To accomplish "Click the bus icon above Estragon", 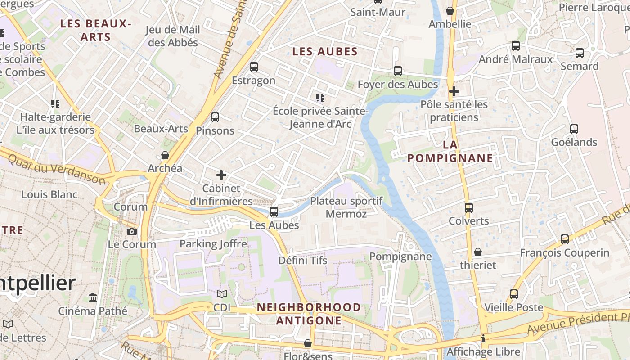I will coord(254,67).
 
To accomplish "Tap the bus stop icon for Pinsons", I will coord(215,117).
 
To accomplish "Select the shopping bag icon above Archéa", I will coord(165,155).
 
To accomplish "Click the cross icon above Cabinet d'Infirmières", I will coord(221,175).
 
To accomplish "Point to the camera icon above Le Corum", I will coord(131,231).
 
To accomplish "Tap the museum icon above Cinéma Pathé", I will coord(93,297).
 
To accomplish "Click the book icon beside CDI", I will coord(221,294).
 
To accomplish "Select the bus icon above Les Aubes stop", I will coord(274,211).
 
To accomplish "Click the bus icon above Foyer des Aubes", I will coord(397,71).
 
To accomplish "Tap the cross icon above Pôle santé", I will coord(454,91).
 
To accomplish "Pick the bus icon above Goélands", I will coord(574,129).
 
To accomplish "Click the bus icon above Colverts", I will coord(468,207).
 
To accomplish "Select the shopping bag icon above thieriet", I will coord(478,252).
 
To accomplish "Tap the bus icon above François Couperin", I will coord(564,239).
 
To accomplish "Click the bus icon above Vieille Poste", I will coord(513,294).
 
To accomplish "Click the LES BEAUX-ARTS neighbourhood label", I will coord(95,30).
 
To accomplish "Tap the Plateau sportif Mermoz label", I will coord(346,207).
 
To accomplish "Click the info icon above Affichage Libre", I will coord(483,338).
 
